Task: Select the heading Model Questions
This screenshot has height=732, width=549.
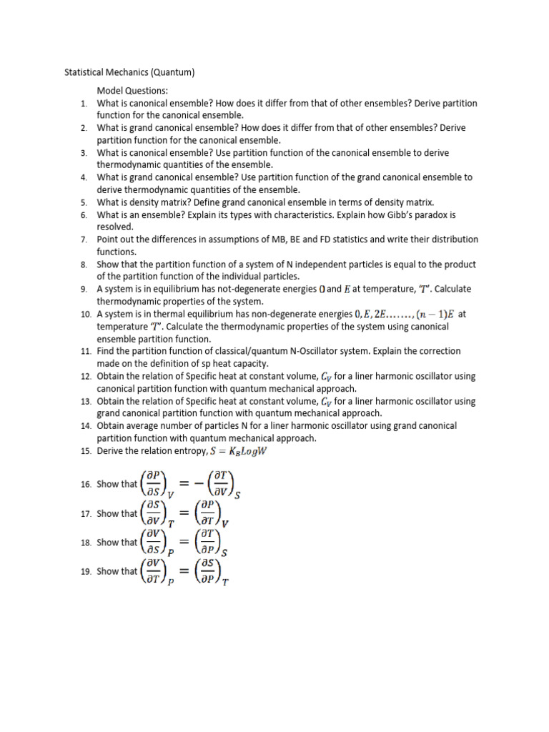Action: [x=132, y=91]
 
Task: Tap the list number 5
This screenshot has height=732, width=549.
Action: [x=84, y=202]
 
